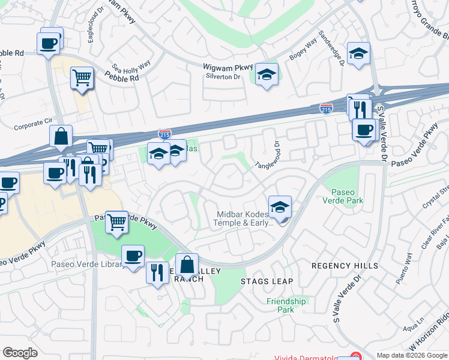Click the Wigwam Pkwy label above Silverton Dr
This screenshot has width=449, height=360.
click(228, 67)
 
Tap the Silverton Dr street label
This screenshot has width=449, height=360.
click(223, 77)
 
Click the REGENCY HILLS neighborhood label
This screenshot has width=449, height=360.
click(345, 265)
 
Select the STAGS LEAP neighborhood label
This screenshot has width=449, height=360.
click(267, 281)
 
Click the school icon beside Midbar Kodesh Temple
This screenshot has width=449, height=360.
click(280, 206)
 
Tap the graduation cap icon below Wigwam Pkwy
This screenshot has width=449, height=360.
click(267, 74)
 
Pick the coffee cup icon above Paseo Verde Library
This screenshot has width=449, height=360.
click(133, 256)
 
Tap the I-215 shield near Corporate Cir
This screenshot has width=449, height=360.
click(165, 133)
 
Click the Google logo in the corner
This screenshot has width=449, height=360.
click(20, 353)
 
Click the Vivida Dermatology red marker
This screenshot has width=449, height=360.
click(355, 356)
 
